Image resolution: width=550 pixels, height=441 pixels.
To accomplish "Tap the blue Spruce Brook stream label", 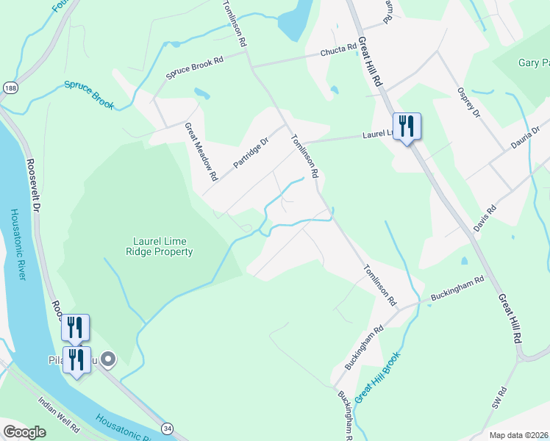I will point(88,95).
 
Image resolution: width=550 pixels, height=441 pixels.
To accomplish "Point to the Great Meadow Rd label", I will point(201,151).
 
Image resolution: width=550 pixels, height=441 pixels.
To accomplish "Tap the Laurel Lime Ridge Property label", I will point(163,246).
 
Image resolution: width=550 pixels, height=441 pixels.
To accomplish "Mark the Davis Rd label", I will point(485,218).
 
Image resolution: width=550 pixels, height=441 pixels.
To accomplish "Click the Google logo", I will point(24,432).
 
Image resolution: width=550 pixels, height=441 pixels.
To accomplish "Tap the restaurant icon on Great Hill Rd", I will point(407,127).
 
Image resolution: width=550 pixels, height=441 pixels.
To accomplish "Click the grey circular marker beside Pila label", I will point(108,359).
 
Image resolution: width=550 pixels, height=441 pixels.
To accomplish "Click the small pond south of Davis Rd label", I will point(464,261).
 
